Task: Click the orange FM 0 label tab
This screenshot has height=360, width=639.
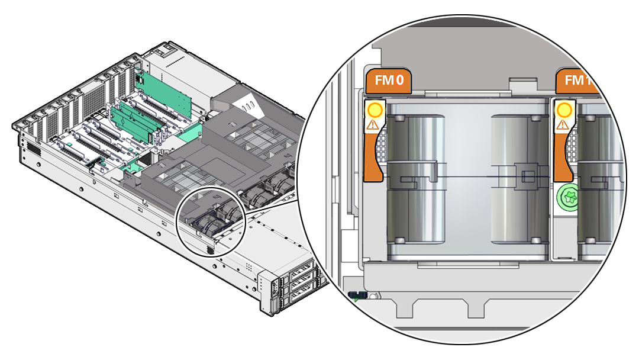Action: (x=389, y=81)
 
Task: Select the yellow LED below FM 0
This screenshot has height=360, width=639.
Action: (x=375, y=110)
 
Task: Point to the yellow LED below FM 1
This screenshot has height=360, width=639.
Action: (x=564, y=110)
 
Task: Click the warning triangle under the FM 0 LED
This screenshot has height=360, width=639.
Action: (x=373, y=125)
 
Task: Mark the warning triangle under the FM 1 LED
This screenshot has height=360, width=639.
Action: (x=563, y=125)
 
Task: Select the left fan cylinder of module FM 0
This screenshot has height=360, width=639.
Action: (x=415, y=179)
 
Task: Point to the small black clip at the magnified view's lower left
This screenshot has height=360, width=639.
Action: (x=358, y=295)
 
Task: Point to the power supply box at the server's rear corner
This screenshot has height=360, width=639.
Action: (x=185, y=71)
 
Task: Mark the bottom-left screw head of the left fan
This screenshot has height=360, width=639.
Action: (x=400, y=240)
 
